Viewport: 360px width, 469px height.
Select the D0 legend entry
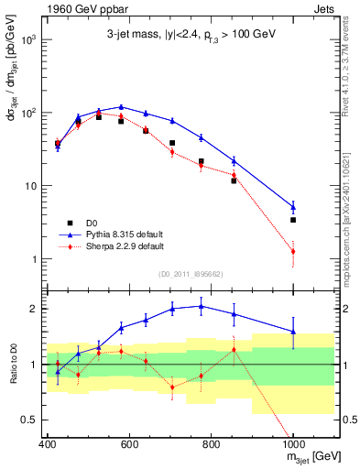(88, 223)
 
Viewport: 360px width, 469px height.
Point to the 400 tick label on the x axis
(48, 444)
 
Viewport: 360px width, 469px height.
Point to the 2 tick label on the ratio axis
(34, 309)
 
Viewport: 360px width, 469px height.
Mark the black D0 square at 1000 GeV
(293, 220)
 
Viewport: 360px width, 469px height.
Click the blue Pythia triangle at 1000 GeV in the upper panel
(293, 206)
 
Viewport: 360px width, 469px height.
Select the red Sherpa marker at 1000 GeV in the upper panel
(293, 251)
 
